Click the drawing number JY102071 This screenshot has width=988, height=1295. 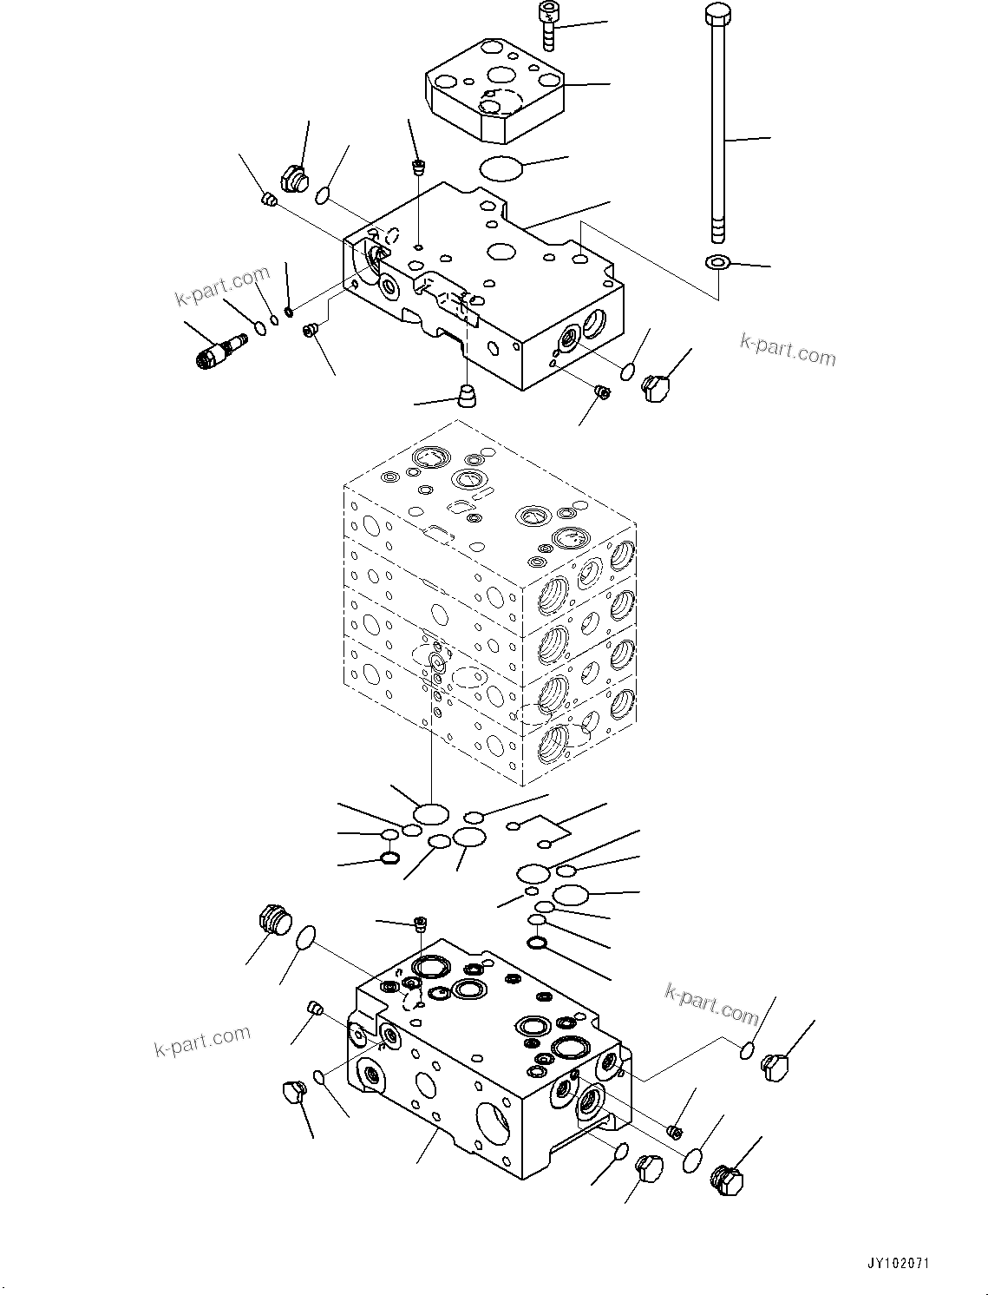[x=896, y=1264]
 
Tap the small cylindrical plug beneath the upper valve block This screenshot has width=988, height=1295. [x=469, y=398]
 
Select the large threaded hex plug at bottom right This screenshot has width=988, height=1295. [x=725, y=1180]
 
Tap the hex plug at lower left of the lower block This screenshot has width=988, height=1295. [x=296, y=1093]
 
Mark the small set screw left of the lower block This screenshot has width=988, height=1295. [x=317, y=1008]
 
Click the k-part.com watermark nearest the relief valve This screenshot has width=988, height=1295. [x=223, y=286]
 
